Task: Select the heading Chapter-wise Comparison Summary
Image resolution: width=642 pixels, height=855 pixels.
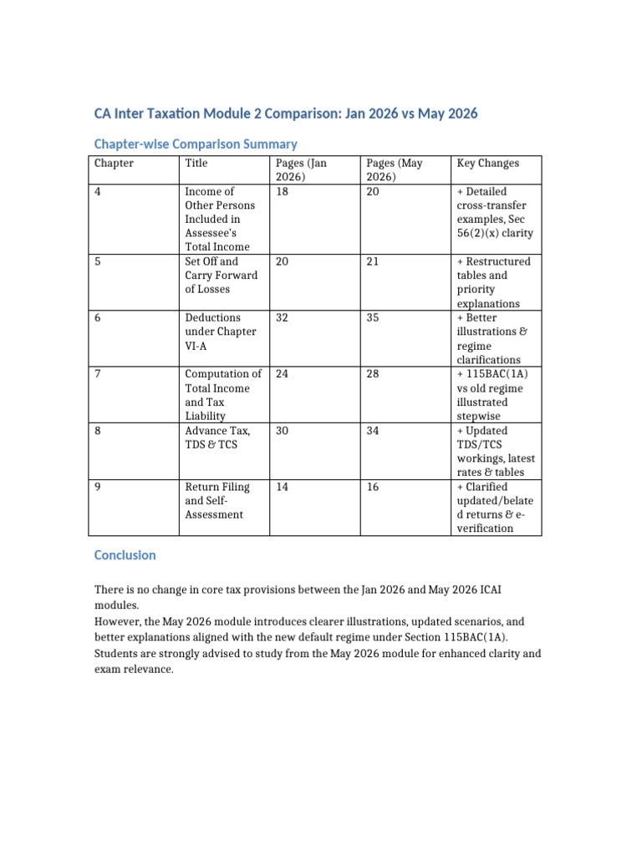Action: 196,144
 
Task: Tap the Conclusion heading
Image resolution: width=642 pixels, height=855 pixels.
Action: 125,555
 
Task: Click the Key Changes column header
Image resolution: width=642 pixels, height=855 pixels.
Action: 487,164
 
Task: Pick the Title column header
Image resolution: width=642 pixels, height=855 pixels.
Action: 196,164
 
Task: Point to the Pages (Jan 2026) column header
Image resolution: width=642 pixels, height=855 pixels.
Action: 301,170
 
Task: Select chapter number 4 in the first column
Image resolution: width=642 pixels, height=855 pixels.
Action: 98,192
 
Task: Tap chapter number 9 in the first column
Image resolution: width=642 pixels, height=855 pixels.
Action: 98,487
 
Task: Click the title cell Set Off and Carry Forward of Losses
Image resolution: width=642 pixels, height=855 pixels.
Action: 222,276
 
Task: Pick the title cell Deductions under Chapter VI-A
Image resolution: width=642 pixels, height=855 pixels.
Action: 221,331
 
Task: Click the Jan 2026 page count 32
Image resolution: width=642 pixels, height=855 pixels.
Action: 283,318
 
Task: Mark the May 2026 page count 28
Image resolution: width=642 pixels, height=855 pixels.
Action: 373,374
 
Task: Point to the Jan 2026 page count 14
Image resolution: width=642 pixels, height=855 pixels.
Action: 283,487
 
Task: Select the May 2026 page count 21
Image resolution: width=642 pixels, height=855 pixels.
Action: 373,261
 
